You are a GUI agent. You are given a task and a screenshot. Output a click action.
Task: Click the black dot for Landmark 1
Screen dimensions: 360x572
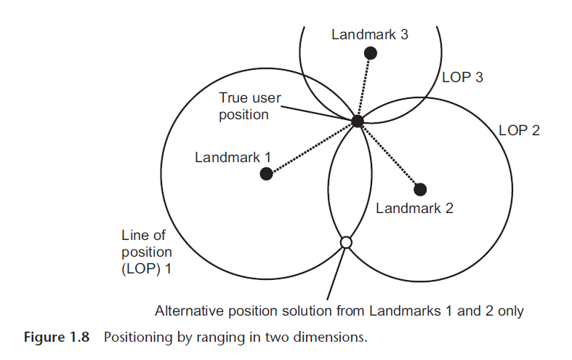coord(267,174)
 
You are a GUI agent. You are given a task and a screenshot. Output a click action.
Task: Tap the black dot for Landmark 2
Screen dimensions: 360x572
coord(420,190)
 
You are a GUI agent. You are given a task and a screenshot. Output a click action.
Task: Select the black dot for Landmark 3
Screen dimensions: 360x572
coord(371,52)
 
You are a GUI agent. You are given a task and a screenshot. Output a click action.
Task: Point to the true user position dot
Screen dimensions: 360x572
coord(358,121)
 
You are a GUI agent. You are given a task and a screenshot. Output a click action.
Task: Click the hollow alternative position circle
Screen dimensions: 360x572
coord(346,242)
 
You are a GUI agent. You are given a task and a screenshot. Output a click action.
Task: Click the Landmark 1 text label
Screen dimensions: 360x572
coord(233,156)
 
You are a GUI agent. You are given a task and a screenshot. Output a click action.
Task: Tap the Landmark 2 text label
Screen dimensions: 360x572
coord(414,208)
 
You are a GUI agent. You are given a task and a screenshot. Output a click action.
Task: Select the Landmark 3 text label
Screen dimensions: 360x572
coord(369,34)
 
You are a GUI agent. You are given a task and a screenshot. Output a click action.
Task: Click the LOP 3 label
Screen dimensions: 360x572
coord(462,76)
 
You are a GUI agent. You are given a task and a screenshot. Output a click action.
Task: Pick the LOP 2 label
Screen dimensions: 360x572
coord(519,131)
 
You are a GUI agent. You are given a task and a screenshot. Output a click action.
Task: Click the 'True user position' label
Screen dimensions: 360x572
coord(250,106)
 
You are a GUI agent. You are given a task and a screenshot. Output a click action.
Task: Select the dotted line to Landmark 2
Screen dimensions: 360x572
coord(389,156)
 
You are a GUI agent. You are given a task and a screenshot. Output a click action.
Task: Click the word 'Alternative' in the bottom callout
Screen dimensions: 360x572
coord(188,311)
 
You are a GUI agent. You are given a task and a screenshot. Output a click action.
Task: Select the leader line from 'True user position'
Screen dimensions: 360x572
coord(313,113)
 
